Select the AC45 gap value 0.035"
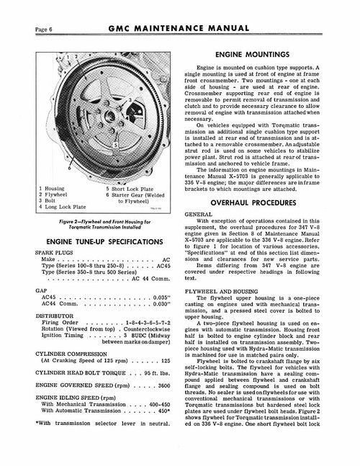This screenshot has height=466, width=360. click(x=165, y=296)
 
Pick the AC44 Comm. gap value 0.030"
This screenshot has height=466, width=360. click(x=165, y=304)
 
